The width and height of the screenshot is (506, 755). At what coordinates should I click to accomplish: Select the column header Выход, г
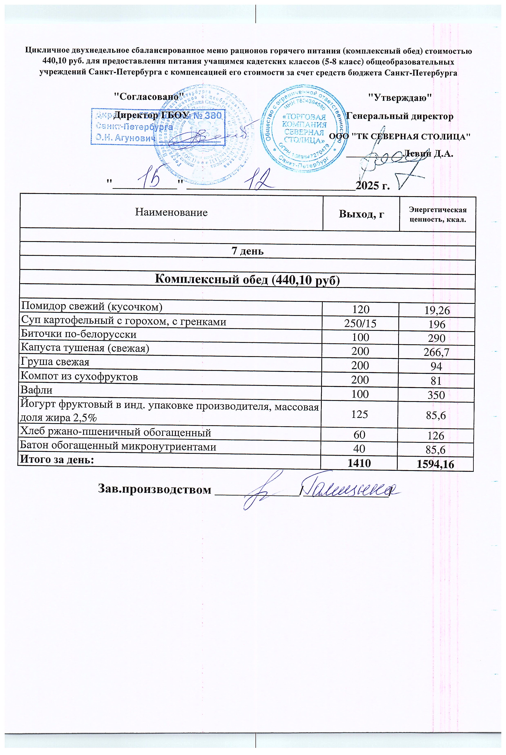[361, 214]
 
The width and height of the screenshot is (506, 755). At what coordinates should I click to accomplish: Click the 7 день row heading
[248, 251]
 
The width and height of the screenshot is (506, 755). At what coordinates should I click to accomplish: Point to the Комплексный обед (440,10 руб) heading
[248, 279]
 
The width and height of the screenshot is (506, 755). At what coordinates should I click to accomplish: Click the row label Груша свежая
[55, 362]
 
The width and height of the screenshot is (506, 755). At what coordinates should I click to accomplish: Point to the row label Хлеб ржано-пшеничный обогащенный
[116, 433]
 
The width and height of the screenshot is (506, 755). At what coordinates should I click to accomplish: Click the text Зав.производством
[155, 489]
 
